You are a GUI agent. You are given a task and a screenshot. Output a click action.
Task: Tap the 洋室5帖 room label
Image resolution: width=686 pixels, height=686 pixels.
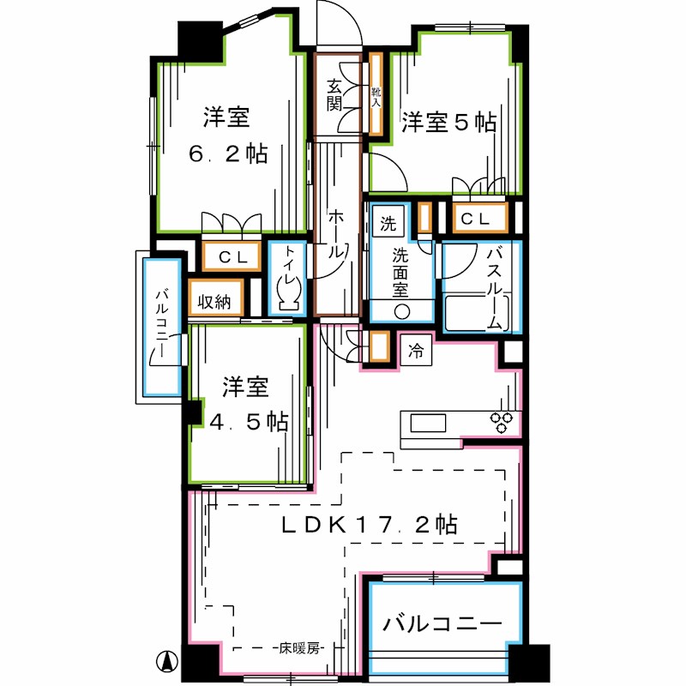(449, 123)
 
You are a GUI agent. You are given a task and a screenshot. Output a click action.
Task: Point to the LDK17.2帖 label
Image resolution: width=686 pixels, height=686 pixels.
(369, 525)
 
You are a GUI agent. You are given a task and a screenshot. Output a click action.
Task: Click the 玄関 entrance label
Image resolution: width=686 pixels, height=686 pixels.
(334, 95)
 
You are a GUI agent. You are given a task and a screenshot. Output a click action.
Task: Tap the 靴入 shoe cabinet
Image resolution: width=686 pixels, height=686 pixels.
(376, 94)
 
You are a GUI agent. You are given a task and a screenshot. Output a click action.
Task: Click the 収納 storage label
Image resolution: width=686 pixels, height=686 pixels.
(214, 302)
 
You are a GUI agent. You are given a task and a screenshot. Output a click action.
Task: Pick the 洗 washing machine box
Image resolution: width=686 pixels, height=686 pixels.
(388, 225)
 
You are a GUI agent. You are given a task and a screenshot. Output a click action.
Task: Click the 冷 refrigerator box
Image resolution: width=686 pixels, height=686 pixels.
(416, 351)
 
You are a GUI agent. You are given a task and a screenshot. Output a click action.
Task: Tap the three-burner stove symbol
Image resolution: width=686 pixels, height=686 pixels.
(501, 421)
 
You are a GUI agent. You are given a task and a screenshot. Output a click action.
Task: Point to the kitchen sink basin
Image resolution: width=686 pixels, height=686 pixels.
(428, 424)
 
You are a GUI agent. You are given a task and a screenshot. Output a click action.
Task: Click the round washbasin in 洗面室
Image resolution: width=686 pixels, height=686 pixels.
(401, 310)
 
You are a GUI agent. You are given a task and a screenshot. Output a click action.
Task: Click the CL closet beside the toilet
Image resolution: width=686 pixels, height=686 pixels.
(231, 256)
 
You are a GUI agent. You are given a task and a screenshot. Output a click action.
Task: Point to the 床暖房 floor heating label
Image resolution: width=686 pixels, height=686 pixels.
(298, 649)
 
